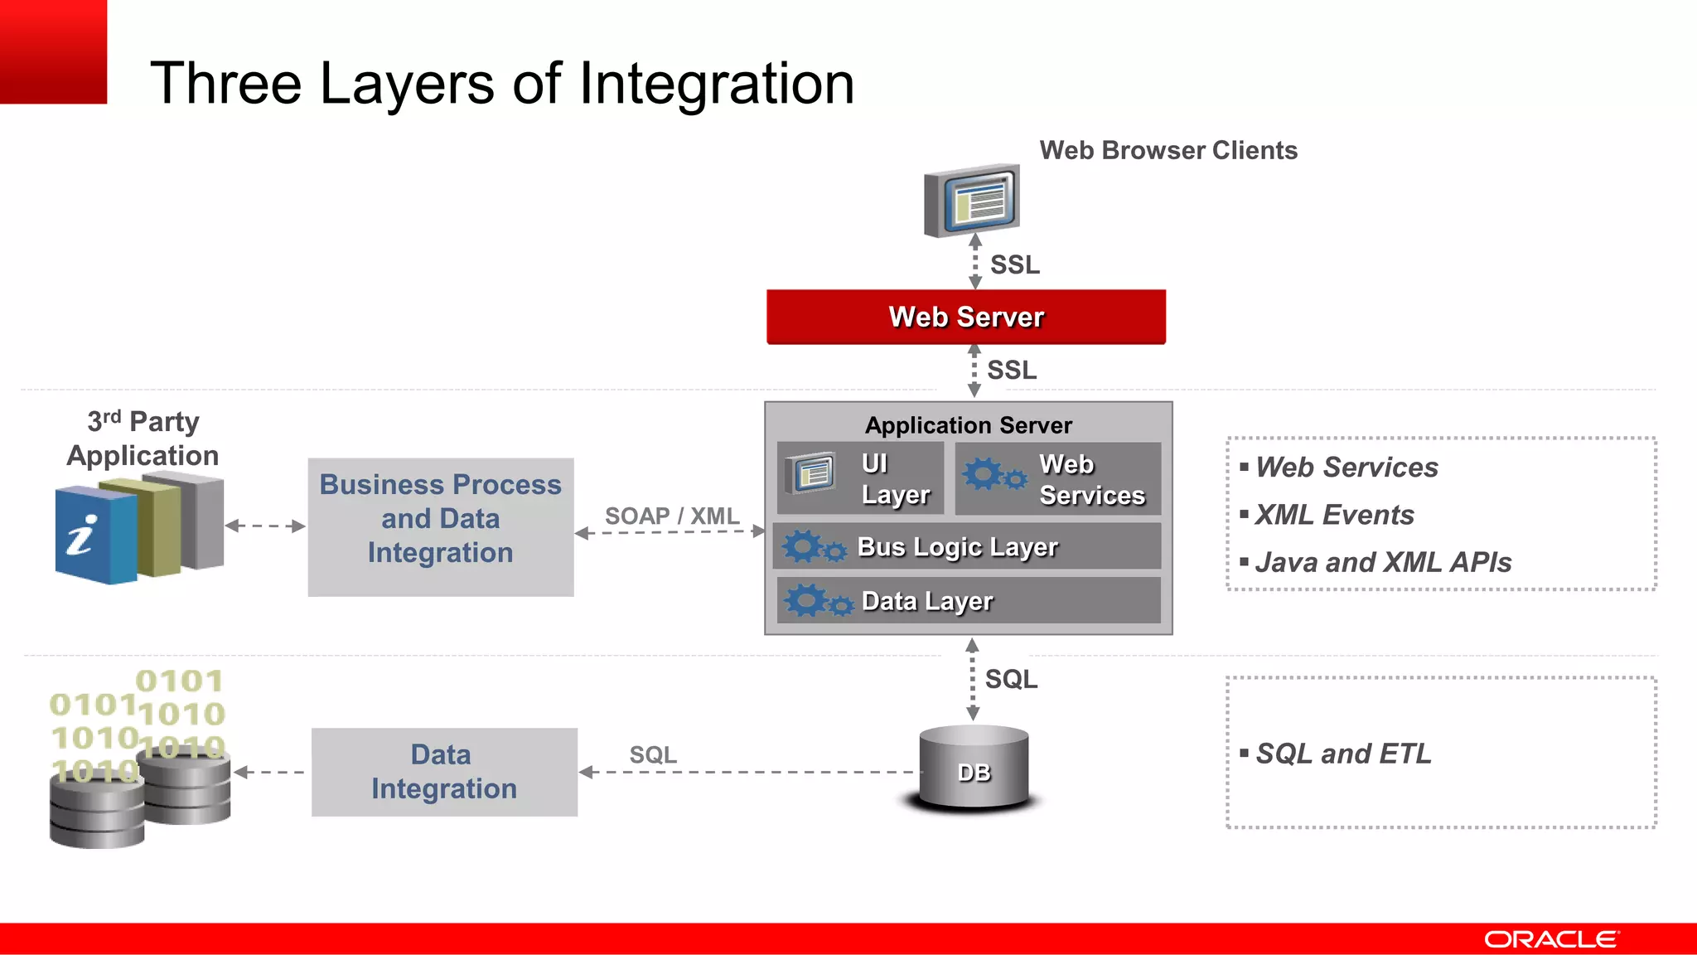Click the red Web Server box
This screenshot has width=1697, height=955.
tap(966, 317)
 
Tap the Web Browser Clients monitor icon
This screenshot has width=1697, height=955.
tap(972, 201)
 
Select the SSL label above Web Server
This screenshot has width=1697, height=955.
tap(1015, 265)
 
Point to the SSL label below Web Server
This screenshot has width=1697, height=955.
tap(1012, 370)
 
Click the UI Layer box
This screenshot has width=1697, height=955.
tap(860, 478)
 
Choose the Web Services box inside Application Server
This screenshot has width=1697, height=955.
tap(1058, 478)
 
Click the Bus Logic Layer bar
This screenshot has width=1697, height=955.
tap(966, 546)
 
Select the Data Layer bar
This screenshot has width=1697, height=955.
tap(968, 600)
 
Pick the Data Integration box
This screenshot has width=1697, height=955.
tap(444, 772)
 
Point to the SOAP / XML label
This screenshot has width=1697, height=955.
tap(672, 516)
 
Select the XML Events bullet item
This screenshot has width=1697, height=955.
tap(1334, 515)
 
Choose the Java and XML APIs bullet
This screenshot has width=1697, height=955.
tap(1382, 562)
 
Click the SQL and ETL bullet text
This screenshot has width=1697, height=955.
tap(1343, 754)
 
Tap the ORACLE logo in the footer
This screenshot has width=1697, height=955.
tap(1550, 939)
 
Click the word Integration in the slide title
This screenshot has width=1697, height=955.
tap(716, 84)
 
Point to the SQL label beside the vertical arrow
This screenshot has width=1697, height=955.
tap(1011, 679)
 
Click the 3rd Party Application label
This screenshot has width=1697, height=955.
tap(143, 439)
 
